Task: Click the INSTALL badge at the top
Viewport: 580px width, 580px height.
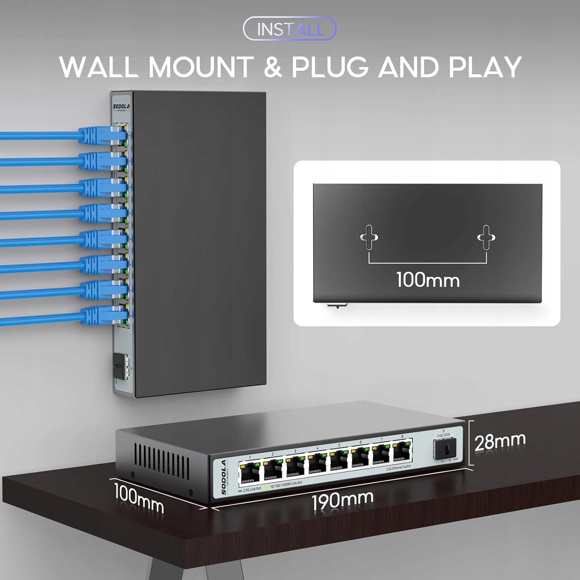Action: [290, 29]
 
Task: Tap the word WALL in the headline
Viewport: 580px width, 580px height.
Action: [98, 67]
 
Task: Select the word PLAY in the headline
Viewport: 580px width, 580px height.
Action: [485, 67]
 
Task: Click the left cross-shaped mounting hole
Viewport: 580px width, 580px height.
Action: [369, 237]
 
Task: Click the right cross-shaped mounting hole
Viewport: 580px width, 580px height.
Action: [486, 237]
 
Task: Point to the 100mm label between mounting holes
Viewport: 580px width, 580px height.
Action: [428, 279]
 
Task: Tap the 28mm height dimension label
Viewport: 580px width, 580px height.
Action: [500, 442]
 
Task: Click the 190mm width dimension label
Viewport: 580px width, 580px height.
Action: [343, 500]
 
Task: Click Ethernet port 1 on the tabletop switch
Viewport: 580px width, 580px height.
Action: [250, 473]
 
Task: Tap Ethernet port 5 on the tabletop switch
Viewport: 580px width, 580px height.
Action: [339, 460]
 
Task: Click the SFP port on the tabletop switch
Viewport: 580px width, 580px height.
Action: [445, 449]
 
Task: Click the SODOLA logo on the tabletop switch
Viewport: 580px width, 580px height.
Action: [224, 477]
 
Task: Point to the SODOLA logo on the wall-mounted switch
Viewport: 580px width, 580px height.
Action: [121, 107]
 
